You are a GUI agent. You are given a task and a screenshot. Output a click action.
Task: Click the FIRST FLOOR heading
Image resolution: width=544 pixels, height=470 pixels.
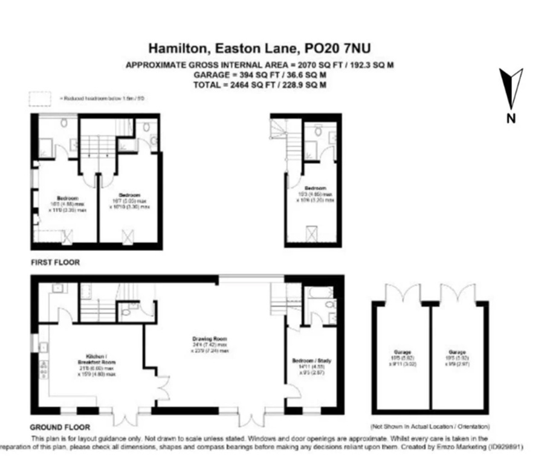pos(55,263)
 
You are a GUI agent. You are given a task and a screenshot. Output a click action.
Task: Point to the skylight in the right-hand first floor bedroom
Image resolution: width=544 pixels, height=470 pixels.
pos(312,233)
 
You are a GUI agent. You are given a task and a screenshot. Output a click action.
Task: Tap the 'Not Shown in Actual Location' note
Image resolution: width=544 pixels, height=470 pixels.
pos(430,426)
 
